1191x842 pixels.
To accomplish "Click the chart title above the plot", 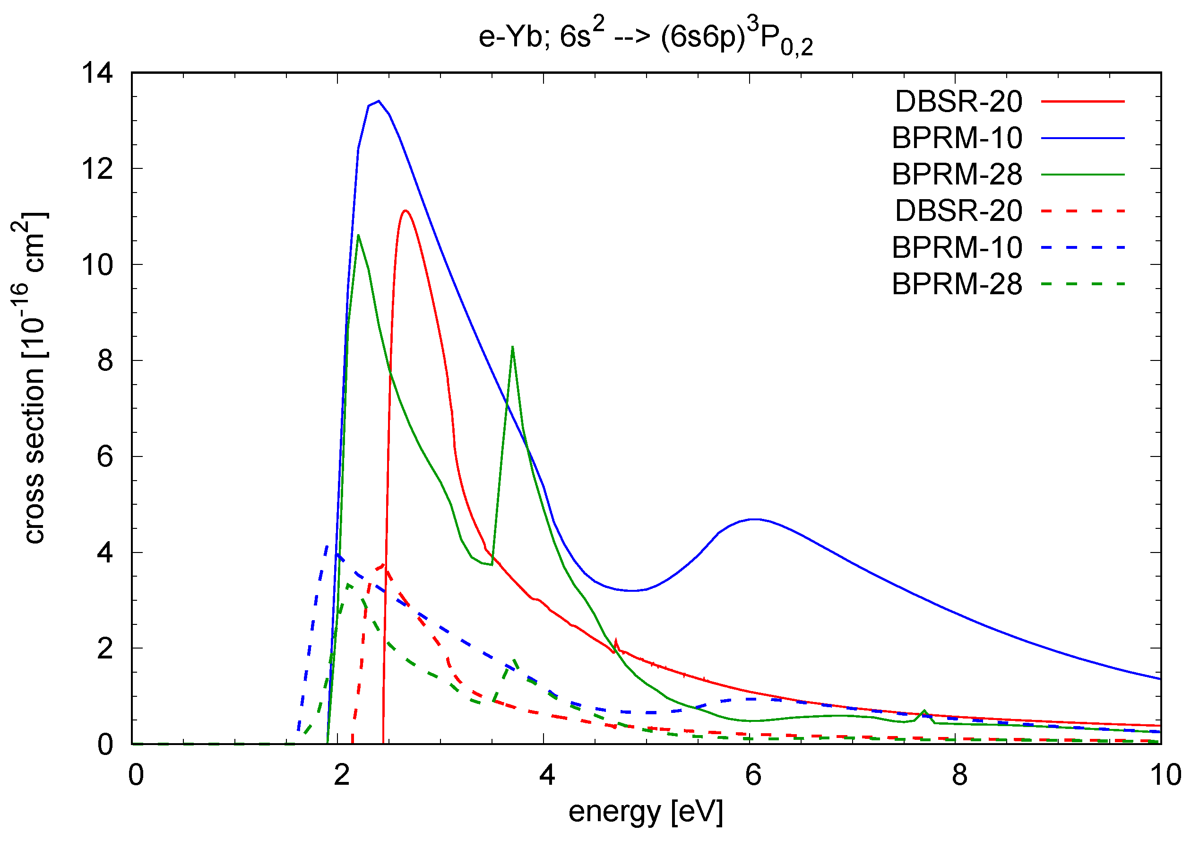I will [x=645, y=38].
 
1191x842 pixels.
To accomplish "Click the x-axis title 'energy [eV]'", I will [x=645, y=811].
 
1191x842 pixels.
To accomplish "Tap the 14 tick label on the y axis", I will [x=97, y=73].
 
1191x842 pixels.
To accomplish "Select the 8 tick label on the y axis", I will [x=105, y=361].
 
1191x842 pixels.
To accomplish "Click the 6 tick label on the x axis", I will [x=753, y=775].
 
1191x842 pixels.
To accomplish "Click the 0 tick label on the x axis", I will [x=136, y=775].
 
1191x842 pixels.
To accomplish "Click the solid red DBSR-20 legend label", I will [x=958, y=102].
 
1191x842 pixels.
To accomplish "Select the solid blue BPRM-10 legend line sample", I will [x=1083, y=138].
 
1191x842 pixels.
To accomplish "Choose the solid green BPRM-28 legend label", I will [x=957, y=175].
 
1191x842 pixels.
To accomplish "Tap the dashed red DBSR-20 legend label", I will [x=958, y=211].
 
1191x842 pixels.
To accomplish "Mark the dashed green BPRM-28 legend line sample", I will [x=1083, y=284].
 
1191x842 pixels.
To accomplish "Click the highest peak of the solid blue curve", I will [x=379, y=101].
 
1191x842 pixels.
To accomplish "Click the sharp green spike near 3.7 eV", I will [x=512, y=347].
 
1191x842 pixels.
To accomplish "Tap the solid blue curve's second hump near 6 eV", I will [x=755, y=519].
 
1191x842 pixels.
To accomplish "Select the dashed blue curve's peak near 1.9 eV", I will [x=327, y=545].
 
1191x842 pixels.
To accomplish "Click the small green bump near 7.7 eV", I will [x=924, y=711].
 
